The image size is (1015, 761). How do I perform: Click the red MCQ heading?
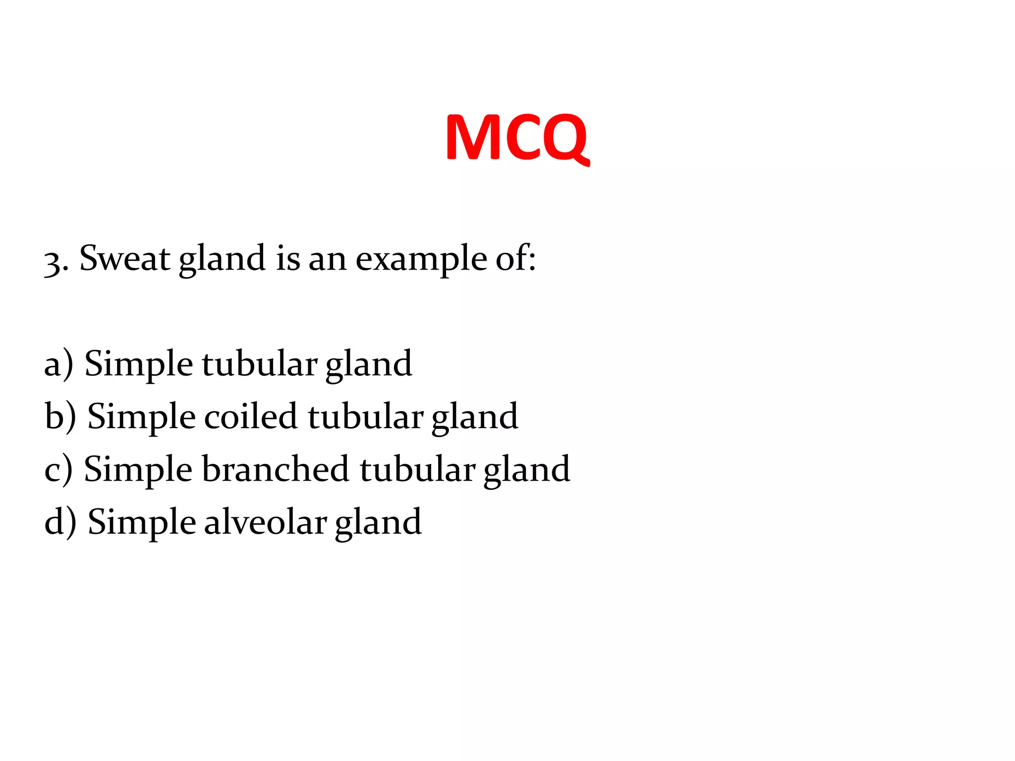517,137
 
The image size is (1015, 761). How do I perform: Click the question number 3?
54,261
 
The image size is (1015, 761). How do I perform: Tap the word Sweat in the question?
124,258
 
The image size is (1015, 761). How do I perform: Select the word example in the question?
421,259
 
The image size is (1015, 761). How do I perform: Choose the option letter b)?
60,417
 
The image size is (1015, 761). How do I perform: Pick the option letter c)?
58,470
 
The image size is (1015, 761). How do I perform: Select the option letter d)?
60,522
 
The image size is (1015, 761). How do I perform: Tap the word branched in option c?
275,469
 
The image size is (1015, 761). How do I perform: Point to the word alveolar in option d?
265,522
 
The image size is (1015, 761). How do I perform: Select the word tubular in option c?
417,470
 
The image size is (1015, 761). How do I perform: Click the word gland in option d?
378,523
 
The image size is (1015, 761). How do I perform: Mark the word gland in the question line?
222,259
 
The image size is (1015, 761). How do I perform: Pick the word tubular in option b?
365,417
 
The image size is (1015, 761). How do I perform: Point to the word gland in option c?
526,470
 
